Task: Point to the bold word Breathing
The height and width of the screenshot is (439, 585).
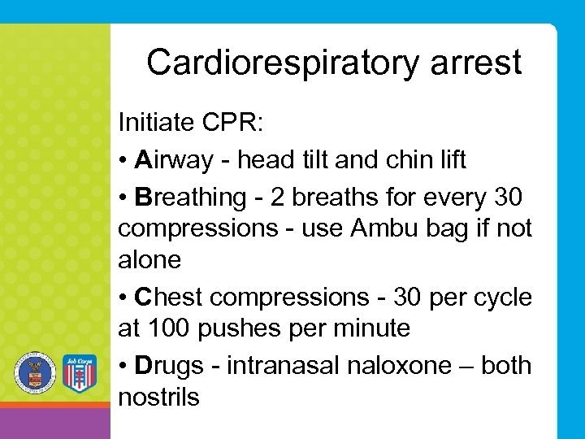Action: pos(191,197)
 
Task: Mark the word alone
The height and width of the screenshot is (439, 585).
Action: pos(149,260)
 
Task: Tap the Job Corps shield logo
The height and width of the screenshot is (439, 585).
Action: pos(79,373)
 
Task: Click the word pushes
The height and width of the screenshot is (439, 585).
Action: pos(230,328)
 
